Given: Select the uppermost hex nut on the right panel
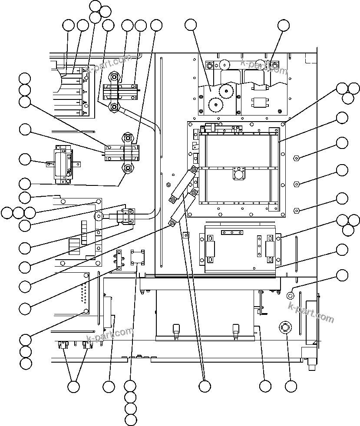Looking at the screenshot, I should [x=296, y=157].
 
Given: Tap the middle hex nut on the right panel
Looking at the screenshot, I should [x=296, y=184].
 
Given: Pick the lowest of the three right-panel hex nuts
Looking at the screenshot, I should [x=296, y=211].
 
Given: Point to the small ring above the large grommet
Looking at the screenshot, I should [x=291, y=295].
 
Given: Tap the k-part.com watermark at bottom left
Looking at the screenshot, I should [x=110, y=334].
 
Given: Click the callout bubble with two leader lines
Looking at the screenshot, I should [x=74, y=386].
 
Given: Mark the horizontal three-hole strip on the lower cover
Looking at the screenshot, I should [x=232, y=232].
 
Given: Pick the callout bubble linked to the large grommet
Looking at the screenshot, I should [x=291, y=386].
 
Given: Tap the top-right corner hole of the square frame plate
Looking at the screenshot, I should [x=283, y=124].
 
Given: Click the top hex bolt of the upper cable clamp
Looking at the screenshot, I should [x=114, y=77].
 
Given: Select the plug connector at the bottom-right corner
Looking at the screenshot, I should [x=311, y=360].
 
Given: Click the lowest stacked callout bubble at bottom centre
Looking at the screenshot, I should [x=130, y=419].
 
